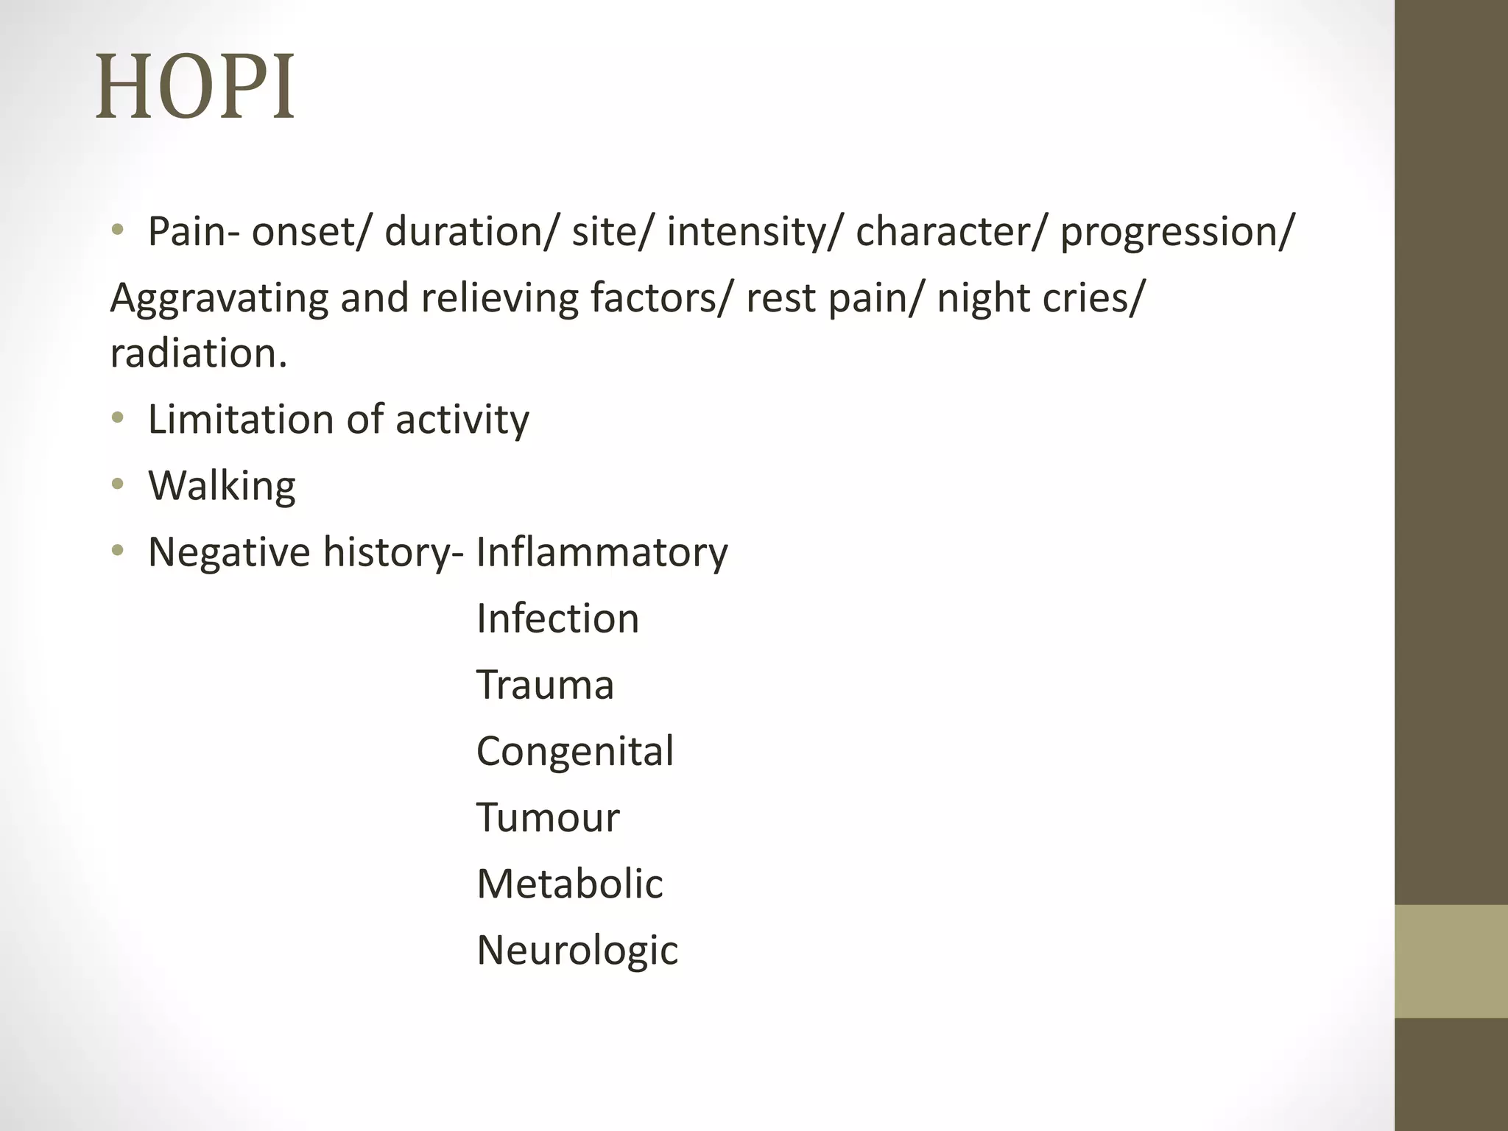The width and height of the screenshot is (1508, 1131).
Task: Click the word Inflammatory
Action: coord(602,552)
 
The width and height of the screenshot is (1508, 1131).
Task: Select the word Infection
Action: coord(557,619)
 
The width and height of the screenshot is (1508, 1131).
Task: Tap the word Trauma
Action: coord(545,685)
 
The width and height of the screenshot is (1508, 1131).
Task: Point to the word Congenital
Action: coord(575,752)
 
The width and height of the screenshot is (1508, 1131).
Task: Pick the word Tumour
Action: coord(548,817)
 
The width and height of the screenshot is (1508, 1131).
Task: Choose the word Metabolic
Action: coord(570,884)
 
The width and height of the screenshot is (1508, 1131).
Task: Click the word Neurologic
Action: coord(577,951)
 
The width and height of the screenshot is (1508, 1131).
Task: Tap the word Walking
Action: coord(222,486)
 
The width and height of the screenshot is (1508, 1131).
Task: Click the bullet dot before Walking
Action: coord(118,485)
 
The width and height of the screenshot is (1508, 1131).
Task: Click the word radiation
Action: coord(198,353)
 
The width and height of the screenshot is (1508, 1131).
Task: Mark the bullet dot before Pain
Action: coord(118,230)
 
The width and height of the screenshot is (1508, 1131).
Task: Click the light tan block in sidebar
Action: coord(1451,961)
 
